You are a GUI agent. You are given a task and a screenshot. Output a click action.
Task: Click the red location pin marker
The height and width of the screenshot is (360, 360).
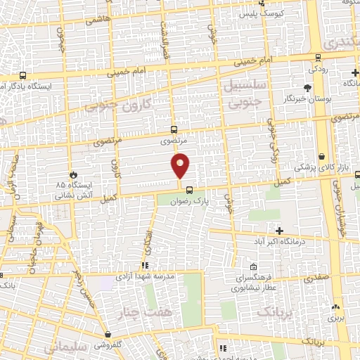pyautogui.click(x=181, y=165)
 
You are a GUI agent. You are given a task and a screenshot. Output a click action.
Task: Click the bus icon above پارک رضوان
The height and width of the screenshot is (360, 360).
pyautogui.click(x=188, y=189)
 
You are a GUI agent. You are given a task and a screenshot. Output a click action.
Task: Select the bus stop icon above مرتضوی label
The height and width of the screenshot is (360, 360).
pyautogui.click(x=174, y=129)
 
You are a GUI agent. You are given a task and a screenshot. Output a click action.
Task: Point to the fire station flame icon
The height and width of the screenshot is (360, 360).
pyautogui.click(x=74, y=174)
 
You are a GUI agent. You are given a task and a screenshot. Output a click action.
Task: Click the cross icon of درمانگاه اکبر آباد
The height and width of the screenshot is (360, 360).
pyautogui.click(x=279, y=231)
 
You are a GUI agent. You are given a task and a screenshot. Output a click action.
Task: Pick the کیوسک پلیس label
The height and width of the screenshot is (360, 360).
pyautogui.click(x=262, y=13)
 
